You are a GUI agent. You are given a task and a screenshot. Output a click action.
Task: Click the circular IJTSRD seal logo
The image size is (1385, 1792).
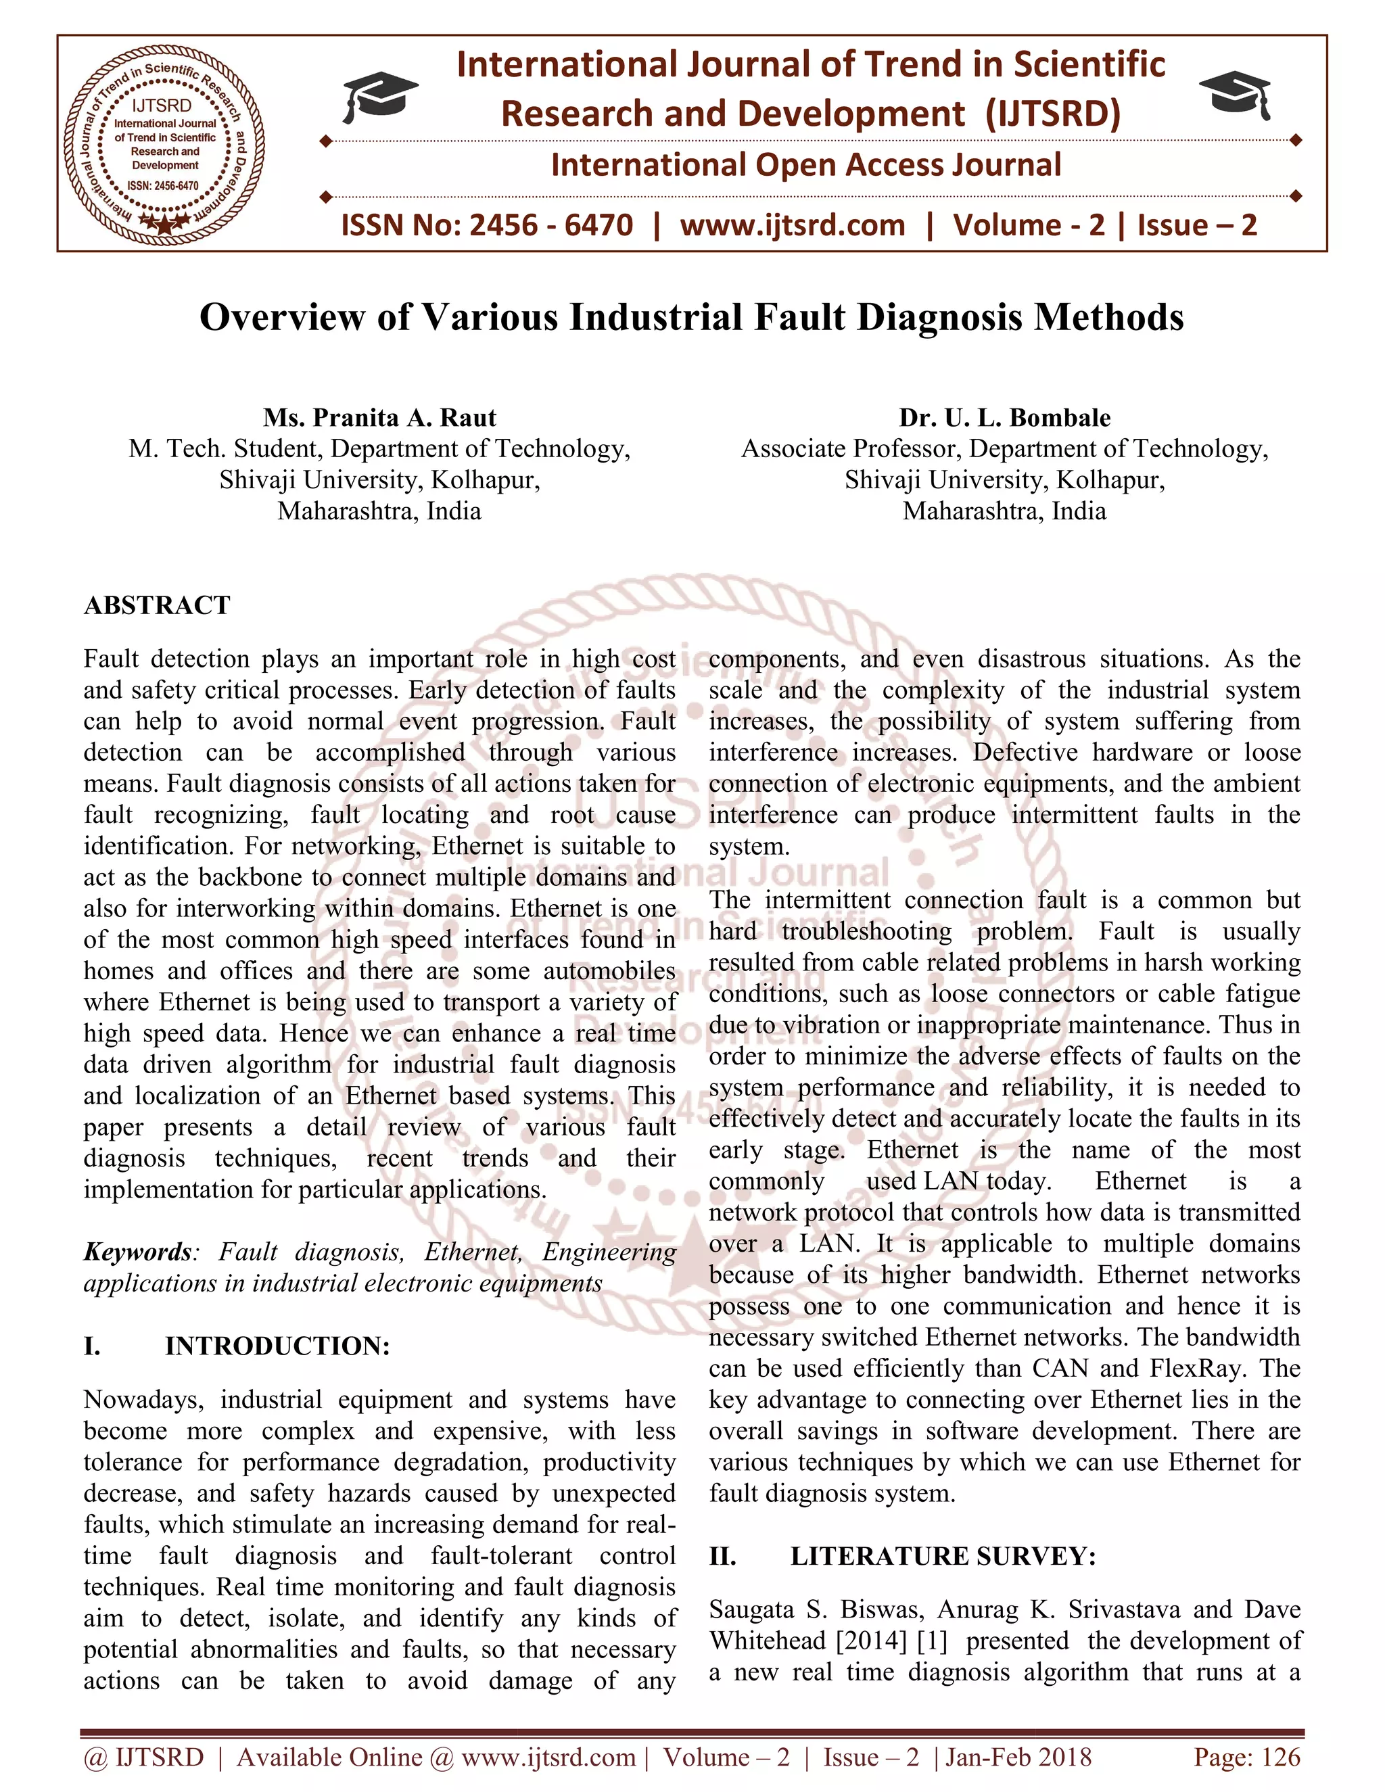166,142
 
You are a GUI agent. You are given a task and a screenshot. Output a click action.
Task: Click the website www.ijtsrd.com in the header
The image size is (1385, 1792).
792,225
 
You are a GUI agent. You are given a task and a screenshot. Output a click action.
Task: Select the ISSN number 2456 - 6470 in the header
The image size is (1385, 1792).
550,225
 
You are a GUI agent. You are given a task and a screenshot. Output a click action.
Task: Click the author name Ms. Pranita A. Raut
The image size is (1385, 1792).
379,418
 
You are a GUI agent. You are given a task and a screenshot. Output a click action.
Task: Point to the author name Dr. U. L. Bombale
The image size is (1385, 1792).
1004,418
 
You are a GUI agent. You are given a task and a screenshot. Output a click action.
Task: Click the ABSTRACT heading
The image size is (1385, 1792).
157,605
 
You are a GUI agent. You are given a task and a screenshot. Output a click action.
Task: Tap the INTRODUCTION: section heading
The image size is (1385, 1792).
277,1346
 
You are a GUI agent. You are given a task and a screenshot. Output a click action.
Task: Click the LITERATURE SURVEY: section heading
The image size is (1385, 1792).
943,1557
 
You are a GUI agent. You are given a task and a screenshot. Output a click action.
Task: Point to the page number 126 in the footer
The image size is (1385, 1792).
1282,1757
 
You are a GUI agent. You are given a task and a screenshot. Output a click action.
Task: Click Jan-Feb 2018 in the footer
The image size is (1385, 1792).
1019,1757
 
